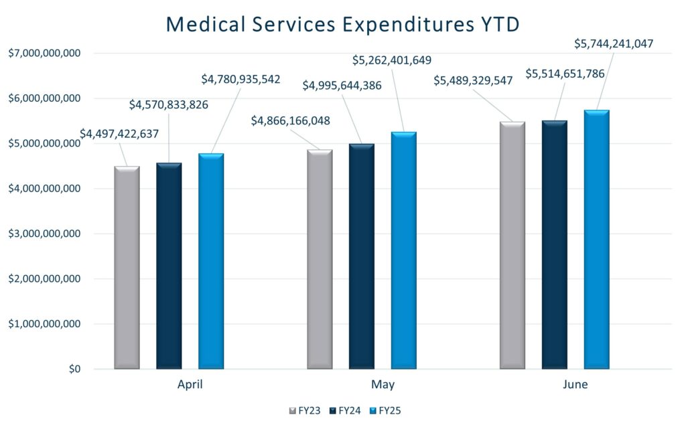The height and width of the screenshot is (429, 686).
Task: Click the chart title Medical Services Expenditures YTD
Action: pyautogui.click(x=343, y=23)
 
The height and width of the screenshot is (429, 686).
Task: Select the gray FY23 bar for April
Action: pyautogui.click(x=127, y=268)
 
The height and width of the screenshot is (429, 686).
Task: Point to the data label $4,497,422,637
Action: pyautogui.click(x=119, y=134)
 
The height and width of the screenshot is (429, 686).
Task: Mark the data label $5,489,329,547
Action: pyautogui.click(x=473, y=81)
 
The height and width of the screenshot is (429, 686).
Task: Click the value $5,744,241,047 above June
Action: pyautogui.click(x=614, y=44)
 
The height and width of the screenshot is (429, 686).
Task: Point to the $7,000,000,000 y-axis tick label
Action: pyautogui.click(x=45, y=54)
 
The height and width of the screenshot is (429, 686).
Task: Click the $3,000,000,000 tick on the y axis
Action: pyautogui.click(x=45, y=234)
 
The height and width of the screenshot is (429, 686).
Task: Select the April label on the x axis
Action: pyautogui.click(x=190, y=385)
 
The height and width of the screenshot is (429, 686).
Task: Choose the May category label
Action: pyautogui.click(x=383, y=385)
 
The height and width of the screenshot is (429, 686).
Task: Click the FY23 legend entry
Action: pyautogui.click(x=306, y=410)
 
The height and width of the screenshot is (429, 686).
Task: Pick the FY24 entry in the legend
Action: pyautogui.click(x=347, y=410)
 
